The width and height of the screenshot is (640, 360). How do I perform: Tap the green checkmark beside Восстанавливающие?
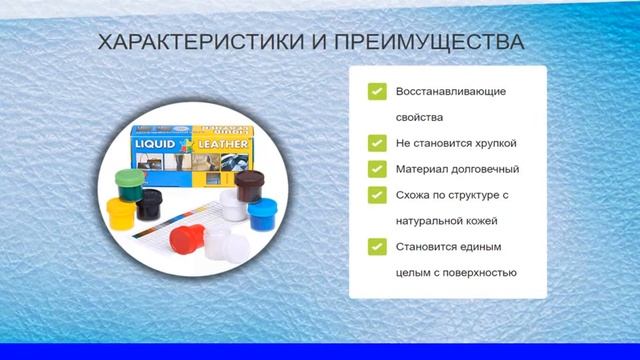[376, 92]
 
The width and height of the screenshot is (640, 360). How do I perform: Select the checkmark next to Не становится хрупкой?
[376, 143]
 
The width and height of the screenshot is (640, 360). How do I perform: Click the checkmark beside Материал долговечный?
[376, 169]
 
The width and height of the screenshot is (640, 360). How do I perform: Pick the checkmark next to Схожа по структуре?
[376, 194]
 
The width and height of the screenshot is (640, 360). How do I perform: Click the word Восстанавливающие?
[451, 92]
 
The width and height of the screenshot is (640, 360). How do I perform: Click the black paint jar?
[149, 206]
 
